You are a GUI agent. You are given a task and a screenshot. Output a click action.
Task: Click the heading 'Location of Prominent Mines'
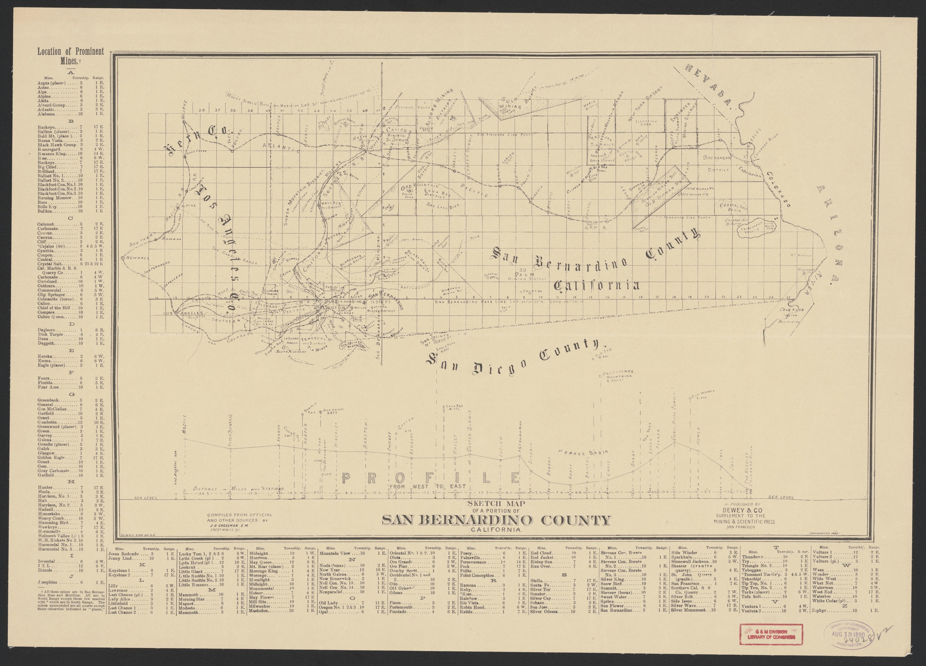[70, 56]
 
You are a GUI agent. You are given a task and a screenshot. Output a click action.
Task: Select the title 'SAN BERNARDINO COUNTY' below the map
[497, 520]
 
